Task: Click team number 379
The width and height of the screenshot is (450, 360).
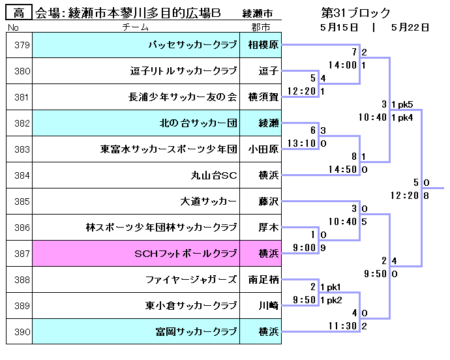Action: [22, 46]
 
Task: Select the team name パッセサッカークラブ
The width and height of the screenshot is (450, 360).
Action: [192, 46]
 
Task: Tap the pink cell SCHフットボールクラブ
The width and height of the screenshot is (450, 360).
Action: [185, 254]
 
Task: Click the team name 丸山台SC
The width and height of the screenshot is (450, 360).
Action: [213, 175]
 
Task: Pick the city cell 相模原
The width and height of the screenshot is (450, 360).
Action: [263, 46]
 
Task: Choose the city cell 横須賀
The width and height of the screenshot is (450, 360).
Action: [263, 97]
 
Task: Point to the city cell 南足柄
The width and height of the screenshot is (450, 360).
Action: [263, 280]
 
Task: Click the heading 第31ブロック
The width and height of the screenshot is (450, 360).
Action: [356, 12]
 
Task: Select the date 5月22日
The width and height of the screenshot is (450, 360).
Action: [410, 27]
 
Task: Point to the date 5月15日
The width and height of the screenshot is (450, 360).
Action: [339, 27]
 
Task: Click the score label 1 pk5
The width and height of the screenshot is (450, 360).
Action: [402, 104]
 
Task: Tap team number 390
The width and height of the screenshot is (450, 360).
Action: [22, 332]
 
